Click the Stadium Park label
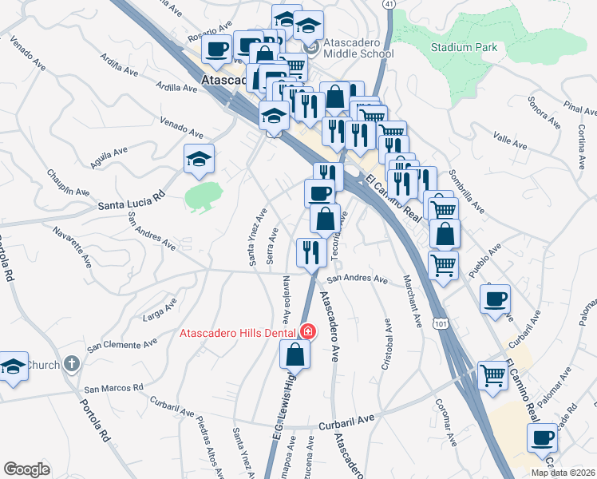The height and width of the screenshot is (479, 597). (464, 47)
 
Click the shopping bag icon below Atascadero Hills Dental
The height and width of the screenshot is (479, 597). (295, 354)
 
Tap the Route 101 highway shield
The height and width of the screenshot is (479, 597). (441, 323)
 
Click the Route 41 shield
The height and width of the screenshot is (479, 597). (389, 4)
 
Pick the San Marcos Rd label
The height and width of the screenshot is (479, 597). (115, 387)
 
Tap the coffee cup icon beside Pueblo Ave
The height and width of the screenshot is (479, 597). (496, 299)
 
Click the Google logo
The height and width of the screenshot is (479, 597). (26, 469)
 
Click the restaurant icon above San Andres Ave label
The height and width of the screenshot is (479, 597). (310, 252)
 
